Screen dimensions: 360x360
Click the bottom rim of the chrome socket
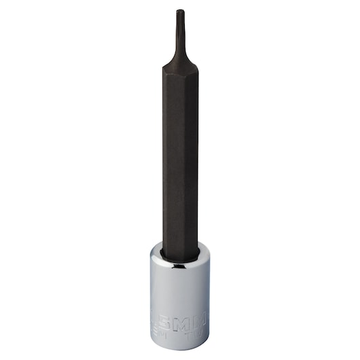tap(181, 353)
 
